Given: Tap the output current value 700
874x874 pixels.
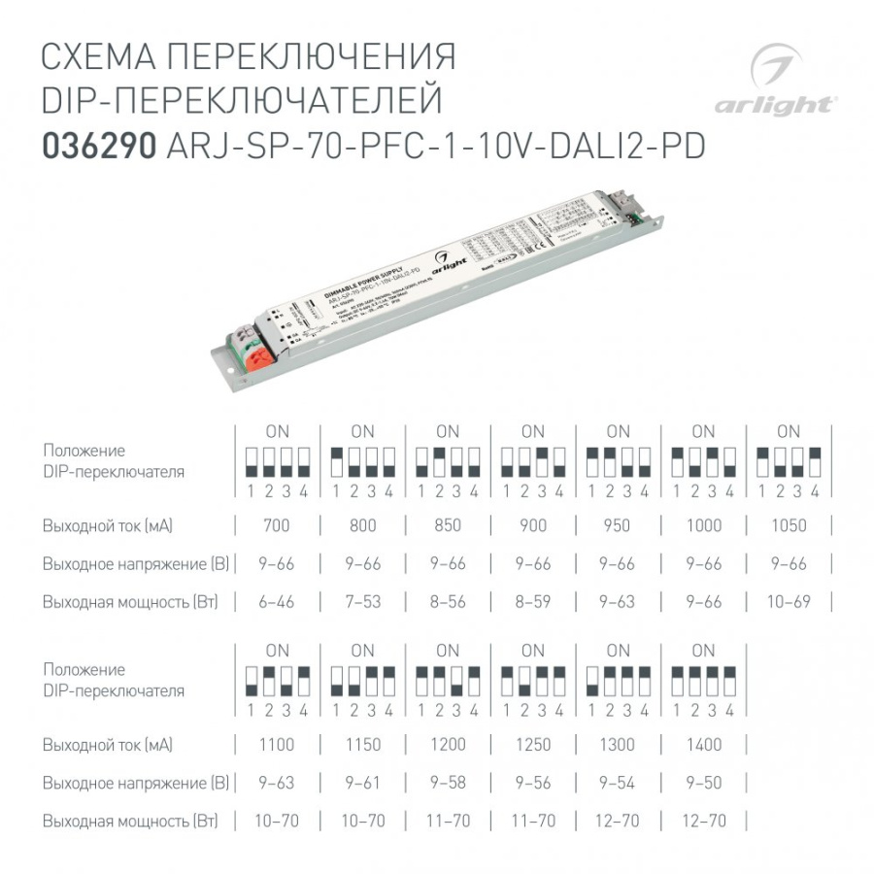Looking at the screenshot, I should tap(277, 526).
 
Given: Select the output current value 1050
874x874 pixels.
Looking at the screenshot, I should tap(789, 526).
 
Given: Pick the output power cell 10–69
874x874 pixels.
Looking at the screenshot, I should tap(789, 602).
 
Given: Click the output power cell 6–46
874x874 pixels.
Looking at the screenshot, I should tap(277, 602).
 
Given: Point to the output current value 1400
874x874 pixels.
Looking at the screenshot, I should tap(703, 746).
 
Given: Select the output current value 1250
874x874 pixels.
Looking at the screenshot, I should tap(532, 746).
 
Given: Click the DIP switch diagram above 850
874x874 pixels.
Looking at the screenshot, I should tap(448, 460).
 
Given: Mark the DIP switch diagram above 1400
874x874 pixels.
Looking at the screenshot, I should tap(703, 679).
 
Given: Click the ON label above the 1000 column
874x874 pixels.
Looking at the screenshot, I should tap(703, 431).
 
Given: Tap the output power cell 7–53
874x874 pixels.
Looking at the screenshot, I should tap(362, 602).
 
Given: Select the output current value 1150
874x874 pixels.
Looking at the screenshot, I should tap(362, 746).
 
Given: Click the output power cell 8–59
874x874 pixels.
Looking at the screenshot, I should tap(532, 602).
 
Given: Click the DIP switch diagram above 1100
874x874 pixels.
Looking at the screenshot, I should tap(277, 679).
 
